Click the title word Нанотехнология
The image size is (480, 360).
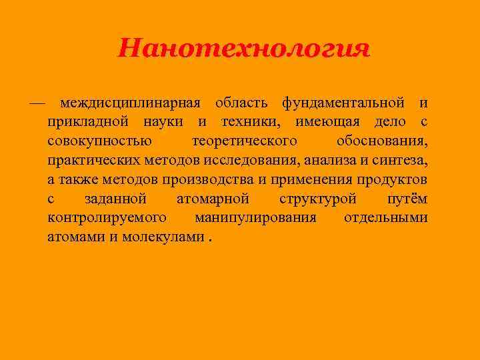point(243,49)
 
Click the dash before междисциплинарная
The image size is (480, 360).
point(37,104)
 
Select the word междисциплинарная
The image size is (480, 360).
point(130,104)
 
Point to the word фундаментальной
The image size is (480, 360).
point(343,104)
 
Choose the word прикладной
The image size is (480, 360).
point(88,123)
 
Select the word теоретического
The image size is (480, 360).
point(245,142)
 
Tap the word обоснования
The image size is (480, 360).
point(383,143)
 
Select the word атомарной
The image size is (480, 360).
point(213,199)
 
